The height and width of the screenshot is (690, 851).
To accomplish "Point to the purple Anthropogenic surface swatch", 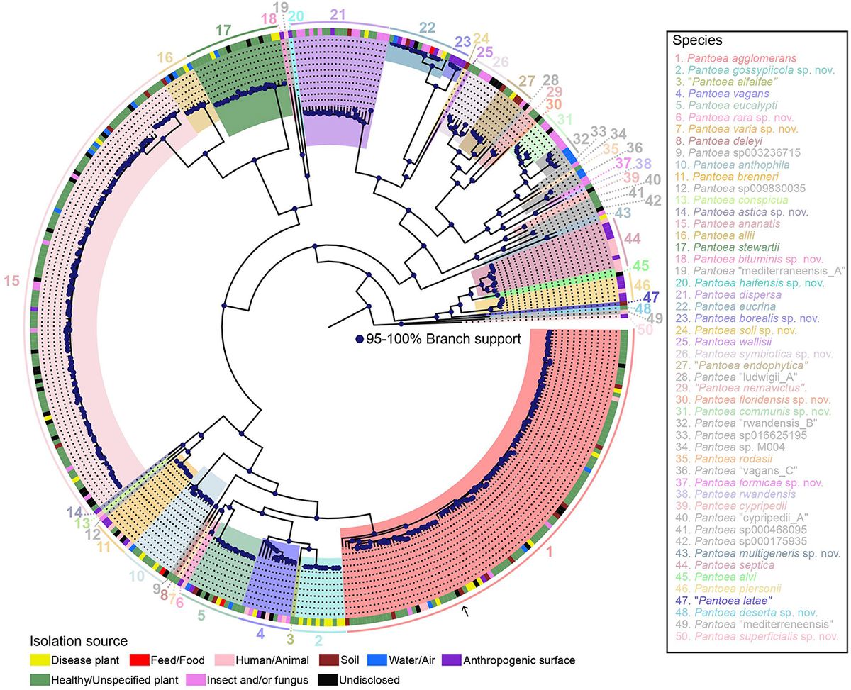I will point(454,660).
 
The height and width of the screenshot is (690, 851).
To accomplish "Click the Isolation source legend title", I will point(78,642).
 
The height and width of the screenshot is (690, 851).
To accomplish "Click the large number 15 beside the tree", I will point(11,282).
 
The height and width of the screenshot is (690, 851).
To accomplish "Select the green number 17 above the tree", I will point(223,30).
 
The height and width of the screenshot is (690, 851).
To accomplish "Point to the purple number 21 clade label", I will point(338,15).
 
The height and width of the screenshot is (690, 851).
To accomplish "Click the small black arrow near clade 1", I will point(465,609).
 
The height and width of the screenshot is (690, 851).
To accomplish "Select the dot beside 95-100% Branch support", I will point(360,339).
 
